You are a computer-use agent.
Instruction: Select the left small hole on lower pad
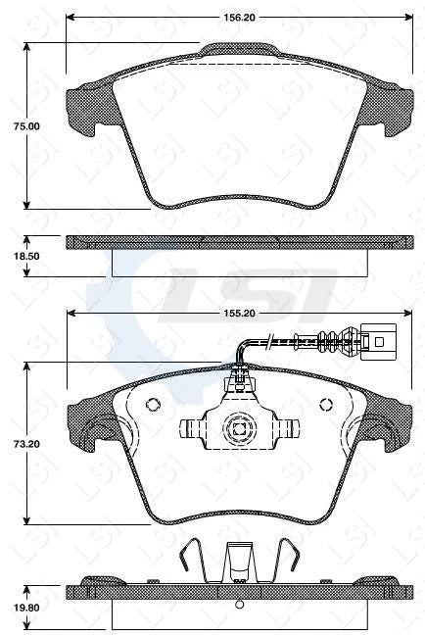[151, 405]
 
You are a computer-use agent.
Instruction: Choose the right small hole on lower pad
[327, 405]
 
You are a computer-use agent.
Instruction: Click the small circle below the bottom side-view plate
[238, 603]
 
